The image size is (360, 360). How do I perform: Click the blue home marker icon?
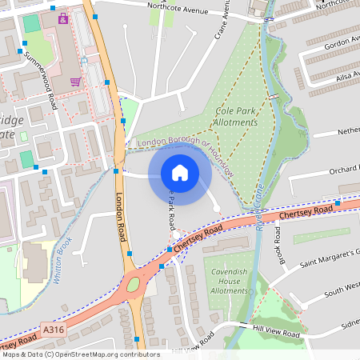click(180, 172)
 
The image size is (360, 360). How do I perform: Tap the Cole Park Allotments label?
click(237, 117)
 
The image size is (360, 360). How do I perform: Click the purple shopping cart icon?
click(75, 81)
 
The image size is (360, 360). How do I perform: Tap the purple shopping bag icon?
click(63, 18)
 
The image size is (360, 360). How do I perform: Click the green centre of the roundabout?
click(133, 282)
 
